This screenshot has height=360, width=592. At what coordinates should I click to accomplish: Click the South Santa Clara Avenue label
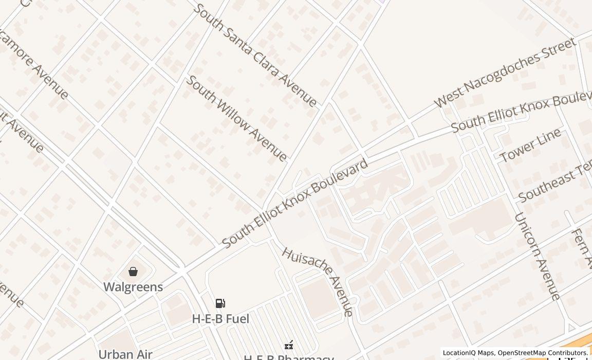(x=255, y=55)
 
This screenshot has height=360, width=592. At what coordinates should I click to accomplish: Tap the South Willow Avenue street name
(x=236, y=118)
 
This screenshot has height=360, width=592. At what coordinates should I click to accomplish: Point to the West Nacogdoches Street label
(x=505, y=73)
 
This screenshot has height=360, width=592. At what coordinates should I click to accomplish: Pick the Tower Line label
(x=530, y=146)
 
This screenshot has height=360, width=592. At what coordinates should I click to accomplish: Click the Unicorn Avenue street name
(x=537, y=256)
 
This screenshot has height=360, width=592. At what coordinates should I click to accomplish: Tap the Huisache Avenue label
(x=318, y=281)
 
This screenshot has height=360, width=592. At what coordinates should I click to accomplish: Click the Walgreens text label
(x=133, y=287)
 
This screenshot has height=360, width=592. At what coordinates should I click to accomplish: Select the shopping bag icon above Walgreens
(x=133, y=272)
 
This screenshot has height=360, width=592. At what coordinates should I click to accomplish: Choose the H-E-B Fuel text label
(x=220, y=319)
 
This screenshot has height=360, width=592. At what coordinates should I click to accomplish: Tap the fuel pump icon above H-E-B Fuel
(x=220, y=303)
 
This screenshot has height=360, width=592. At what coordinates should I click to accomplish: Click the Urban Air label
(x=125, y=354)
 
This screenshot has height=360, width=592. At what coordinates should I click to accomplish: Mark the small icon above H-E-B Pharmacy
(x=289, y=345)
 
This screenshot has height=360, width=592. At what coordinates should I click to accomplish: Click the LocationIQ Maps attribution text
(x=468, y=353)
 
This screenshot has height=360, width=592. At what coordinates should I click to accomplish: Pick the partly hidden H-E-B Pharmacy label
(x=288, y=357)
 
